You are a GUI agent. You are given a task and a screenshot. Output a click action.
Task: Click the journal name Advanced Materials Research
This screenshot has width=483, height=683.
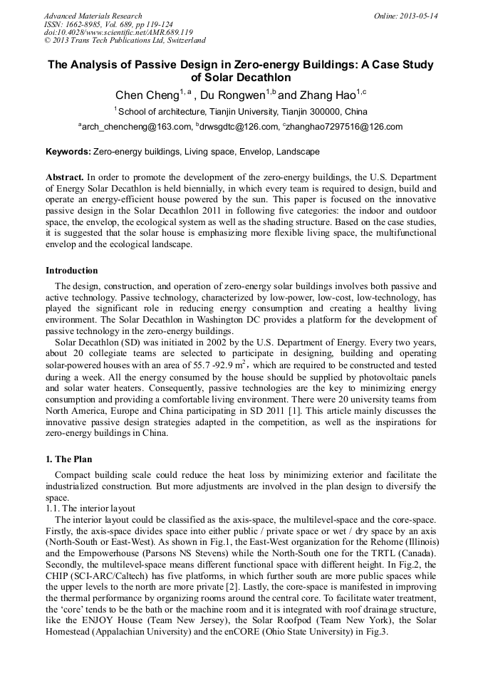pyautogui.click(x=93, y=16)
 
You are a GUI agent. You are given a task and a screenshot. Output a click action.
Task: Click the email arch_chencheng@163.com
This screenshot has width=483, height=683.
pyautogui.click(x=137, y=127)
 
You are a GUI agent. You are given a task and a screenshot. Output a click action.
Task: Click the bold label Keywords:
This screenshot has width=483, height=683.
pyautogui.click(x=68, y=152)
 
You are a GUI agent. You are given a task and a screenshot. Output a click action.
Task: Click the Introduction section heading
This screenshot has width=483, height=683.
pyautogui.click(x=72, y=271)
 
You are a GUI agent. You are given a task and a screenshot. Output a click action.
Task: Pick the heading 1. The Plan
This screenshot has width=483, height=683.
pyautogui.click(x=68, y=459)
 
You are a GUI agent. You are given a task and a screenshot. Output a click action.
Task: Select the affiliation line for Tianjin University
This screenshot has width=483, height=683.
pyautogui.click(x=241, y=112)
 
